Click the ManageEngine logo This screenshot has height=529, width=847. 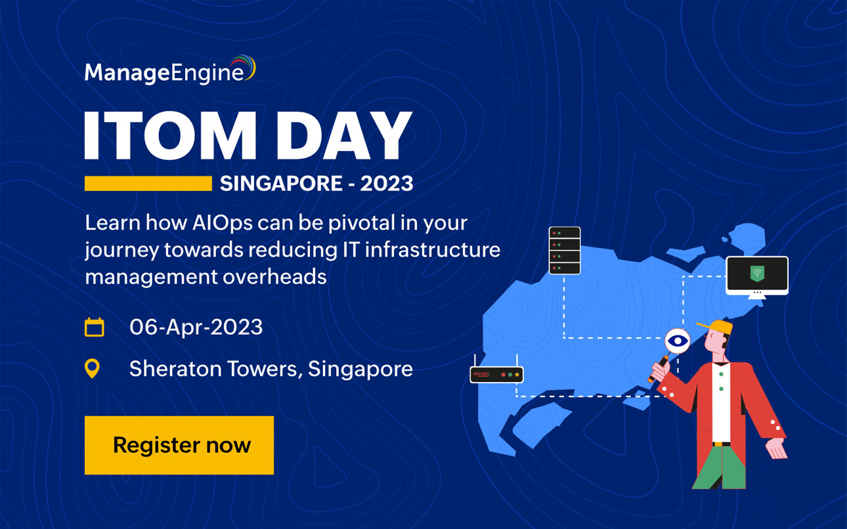click(169, 71)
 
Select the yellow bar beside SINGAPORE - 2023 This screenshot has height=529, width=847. click(148, 183)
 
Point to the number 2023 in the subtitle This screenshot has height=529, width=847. click(386, 183)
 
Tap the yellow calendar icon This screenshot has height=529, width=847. click(95, 327)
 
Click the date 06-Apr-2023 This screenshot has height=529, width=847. click(196, 327)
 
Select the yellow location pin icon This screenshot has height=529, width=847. click(93, 368)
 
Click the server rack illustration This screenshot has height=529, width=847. click(565, 250)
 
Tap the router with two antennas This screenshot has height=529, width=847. click(496, 373)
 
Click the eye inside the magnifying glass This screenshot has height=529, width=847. click(678, 340)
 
